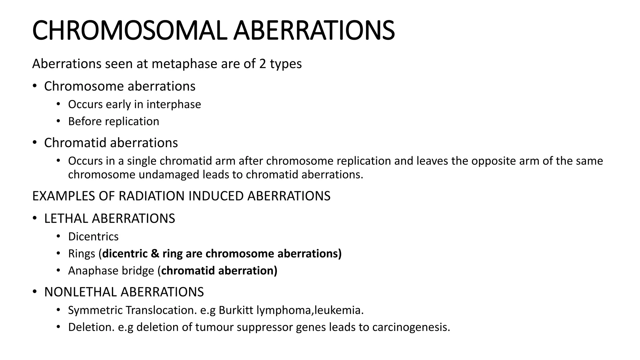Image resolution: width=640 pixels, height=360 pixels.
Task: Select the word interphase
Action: pyautogui.click(x=174, y=104)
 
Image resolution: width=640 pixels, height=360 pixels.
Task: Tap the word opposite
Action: pyautogui.click(x=493, y=161)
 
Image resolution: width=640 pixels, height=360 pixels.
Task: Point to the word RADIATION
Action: pyautogui.click(x=152, y=196)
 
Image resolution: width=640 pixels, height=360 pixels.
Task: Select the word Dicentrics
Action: pyautogui.click(x=93, y=237)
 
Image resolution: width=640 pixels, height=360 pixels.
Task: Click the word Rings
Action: pyautogui.click(x=82, y=253)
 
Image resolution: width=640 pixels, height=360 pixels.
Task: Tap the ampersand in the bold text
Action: pyautogui.click(x=155, y=253)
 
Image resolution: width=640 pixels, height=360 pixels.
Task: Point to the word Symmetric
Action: pyautogui.click(x=95, y=310)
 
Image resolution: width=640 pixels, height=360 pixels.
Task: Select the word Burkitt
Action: pyautogui.click(x=236, y=310)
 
